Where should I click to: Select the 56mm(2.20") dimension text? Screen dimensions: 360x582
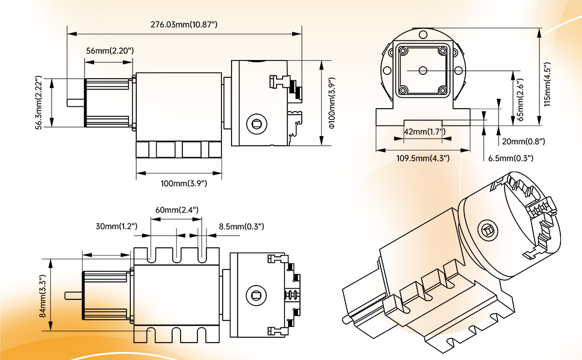tap(110, 51)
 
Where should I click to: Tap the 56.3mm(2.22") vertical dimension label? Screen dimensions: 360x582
tap(39, 102)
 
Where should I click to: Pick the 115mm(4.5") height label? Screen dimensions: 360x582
tap(547, 77)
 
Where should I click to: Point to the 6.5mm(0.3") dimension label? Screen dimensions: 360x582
tap(511, 158)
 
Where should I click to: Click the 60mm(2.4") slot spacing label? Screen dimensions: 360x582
tap(177, 210)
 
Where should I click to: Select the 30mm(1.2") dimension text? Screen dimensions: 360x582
tap(116, 226)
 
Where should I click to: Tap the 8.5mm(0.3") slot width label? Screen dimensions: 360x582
tap(242, 226)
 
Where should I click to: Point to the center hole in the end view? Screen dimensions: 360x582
tap(422, 71)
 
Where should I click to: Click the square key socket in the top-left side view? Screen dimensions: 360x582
tap(257, 125)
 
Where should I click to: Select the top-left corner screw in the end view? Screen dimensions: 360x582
tap(403, 51)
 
